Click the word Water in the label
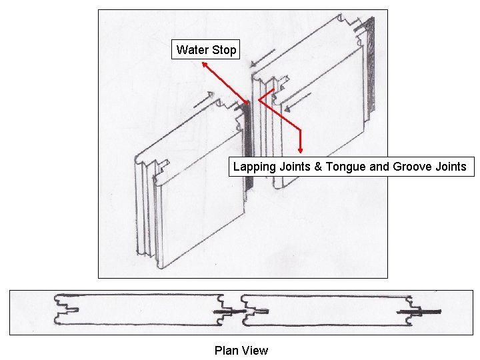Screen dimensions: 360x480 pyautogui.click(x=192, y=50)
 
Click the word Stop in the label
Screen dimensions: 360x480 pyautogui.click(x=224, y=50)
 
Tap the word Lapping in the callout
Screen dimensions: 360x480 pyautogui.click(x=253, y=167)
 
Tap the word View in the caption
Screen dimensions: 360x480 pyautogui.click(x=255, y=351)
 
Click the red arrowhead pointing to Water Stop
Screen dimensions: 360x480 pyautogui.click(x=203, y=64)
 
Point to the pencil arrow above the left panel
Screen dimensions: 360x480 pyautogui.click(x=203, y=102)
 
